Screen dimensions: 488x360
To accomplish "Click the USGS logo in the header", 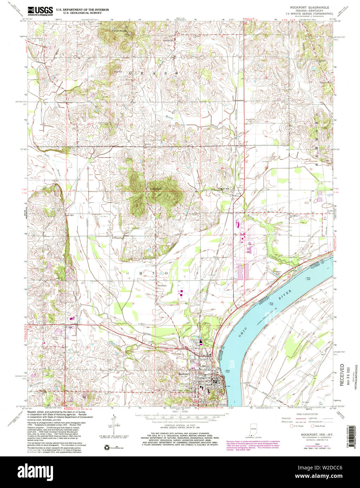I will pos(40,11).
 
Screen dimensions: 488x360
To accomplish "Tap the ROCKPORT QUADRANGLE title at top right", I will pos(309,7).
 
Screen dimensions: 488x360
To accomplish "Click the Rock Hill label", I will pos(224,189).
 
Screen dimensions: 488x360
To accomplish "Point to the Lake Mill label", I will pos(69,215).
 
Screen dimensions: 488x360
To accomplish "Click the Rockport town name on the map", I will pos(184,374).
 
